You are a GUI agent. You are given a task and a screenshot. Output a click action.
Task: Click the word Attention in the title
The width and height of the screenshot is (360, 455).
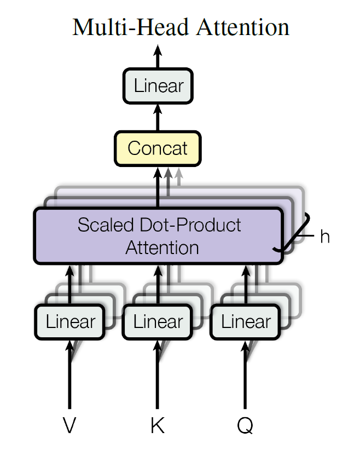243,27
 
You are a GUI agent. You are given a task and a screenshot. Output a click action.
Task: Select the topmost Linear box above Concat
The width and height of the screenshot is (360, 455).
158,86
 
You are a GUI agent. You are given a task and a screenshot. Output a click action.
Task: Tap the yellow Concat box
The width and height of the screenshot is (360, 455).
158,148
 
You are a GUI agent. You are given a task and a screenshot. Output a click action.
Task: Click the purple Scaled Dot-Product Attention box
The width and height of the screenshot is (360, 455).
159,235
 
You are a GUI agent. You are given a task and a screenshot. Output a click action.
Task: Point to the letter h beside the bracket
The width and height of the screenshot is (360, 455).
325,236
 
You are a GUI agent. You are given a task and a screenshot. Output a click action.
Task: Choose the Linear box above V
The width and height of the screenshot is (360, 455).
70,322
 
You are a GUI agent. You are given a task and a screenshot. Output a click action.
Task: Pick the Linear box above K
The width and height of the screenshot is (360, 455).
158,322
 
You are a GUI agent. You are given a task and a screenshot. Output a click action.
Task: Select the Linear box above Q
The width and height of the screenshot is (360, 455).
246,322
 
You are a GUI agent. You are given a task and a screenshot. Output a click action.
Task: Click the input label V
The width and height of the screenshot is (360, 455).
69,425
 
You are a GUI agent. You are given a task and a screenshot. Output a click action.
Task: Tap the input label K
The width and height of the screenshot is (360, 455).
158,425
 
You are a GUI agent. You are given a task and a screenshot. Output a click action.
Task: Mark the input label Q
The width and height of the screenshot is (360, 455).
245,425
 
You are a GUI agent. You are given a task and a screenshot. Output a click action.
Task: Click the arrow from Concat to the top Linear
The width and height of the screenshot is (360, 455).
158,118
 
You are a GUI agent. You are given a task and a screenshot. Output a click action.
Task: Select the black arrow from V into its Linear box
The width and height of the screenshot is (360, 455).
69,375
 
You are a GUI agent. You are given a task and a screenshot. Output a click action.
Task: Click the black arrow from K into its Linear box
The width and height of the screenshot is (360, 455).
158,375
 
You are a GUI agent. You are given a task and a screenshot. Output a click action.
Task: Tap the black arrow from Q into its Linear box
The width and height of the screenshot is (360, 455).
245,375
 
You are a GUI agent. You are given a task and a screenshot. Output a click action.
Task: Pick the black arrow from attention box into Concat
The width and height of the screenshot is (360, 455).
158,187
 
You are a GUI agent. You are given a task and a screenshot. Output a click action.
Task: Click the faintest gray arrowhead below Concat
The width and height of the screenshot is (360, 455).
179,172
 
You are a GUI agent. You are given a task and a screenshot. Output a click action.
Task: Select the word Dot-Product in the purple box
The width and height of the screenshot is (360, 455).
190,225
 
